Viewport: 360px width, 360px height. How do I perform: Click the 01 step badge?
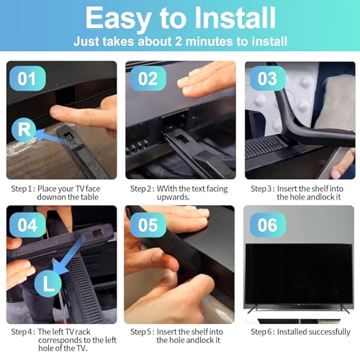pyautogui.click(x=27, y=78)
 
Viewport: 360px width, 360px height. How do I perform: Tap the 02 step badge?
pyautogui.click(x=148, y=78)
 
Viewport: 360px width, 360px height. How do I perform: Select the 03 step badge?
pyautogui.click(x=268, y=78)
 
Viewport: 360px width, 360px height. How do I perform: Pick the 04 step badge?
pyautogui.click(x=27, y=225)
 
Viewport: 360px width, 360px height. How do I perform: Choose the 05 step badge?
pyautogui.click(x=148, y=225)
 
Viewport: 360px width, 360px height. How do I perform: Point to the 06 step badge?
pyautogui.click(x=268, y=225)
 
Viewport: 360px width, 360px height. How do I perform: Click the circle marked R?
pyautogui.click(x=24, y=130)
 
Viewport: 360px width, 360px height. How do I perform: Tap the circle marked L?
pyautogui.click(x=48, y=284)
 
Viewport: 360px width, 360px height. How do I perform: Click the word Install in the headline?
pyautogui.click(x=235, y=18)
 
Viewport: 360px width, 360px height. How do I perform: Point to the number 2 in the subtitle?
pyautogui.click(x=179, y=41)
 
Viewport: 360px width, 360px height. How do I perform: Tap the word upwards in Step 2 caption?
pyautogui.click(x=173, y=197)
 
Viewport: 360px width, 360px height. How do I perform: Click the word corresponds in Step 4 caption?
pyautogui.click(x=62, y=341)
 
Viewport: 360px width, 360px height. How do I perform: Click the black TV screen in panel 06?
pyautogui.click(x=299, y=274)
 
